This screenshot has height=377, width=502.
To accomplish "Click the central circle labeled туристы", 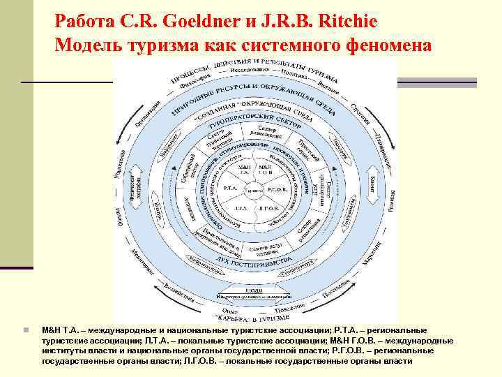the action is [x=255, y=189].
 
